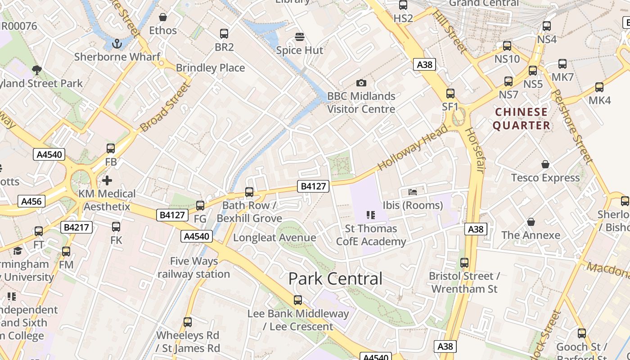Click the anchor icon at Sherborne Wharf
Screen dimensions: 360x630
coord(117,44)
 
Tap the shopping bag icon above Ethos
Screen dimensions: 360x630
coord(163,17)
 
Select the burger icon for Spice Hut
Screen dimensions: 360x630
coord(300,36)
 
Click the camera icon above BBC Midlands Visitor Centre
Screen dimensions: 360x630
coord(361,83)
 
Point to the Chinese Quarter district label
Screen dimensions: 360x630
coord(522,118)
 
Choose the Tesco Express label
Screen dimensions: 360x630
coord(545,178)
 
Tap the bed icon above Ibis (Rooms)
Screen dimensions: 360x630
coord(413,192)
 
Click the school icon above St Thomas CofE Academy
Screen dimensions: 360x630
coord(371,215)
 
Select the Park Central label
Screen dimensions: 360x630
coord(335,279)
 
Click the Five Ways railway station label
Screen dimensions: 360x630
coord(194,267)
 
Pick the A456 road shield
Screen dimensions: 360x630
coord(31,201)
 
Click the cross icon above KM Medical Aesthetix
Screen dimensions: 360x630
coord(107,180)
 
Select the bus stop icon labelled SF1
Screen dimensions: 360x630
coord(450,94)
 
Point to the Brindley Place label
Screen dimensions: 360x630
coord(211,68)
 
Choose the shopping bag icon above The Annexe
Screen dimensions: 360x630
coord(531,222)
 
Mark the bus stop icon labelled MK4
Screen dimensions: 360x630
coord(599,87)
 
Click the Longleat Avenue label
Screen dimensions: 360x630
coord(274,238)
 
